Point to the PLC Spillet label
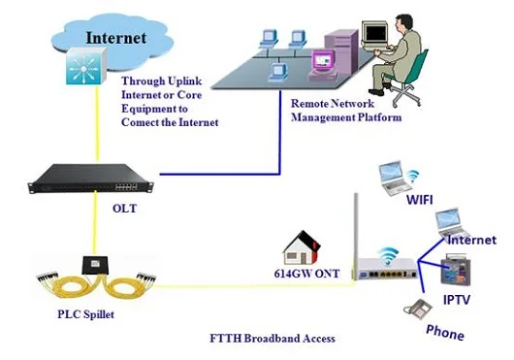coord(84,315)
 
